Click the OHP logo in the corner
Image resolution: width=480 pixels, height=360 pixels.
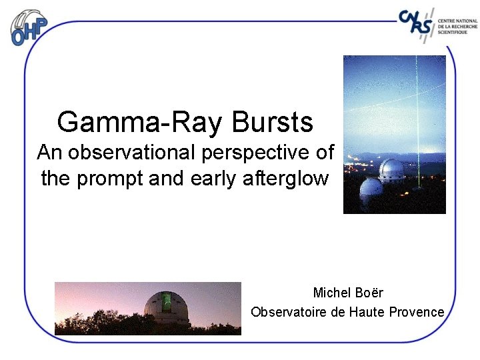[x=29, y=27]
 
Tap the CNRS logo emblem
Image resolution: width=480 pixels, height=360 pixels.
[x=417, y=24]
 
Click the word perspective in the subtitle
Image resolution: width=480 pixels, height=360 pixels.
[x=254, y=153]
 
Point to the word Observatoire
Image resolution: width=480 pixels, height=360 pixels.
[x=289, y=312]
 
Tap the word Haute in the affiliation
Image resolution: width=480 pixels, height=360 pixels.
[x=368, y=312]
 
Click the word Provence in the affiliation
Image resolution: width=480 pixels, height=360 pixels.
[x=417, y=312]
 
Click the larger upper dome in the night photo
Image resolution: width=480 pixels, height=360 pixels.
[x=391, y=169]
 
